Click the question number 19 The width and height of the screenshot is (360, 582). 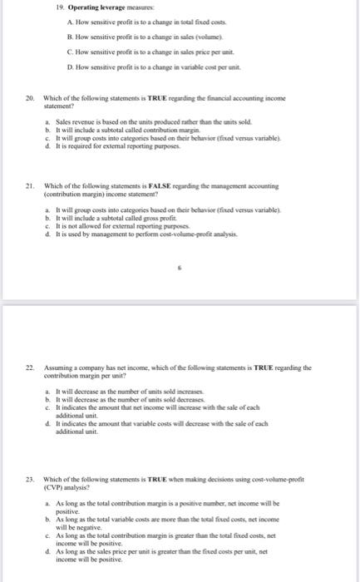[x=60, y=16]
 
